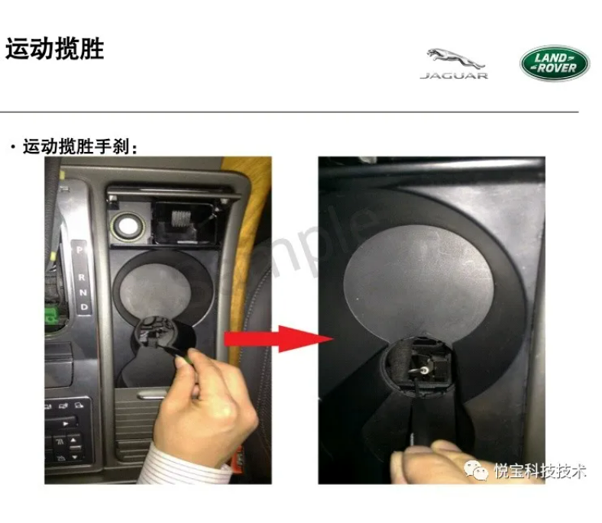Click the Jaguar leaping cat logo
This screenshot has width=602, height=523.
click(455, 60)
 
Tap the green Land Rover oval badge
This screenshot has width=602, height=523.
click(555, 63)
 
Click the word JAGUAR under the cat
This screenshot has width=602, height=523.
click(455, 76)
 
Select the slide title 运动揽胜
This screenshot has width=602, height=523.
click(54, 49)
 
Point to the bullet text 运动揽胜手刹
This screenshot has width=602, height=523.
click(76, 147)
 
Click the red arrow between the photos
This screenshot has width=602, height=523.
click(278, 339)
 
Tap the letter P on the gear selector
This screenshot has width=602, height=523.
click(79, 250)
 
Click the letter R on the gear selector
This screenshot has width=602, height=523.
click(82, 276)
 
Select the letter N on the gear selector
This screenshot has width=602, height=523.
click(83, 292)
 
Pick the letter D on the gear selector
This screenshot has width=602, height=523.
click(85, 308)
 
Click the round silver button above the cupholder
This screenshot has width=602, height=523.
click(128, 226)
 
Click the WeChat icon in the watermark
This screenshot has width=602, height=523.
click(476, 470)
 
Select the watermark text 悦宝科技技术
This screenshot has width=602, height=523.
click(540, 471)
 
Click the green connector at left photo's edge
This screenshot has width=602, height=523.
click(50, 315)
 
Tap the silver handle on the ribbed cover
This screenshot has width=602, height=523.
click(153, 394)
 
